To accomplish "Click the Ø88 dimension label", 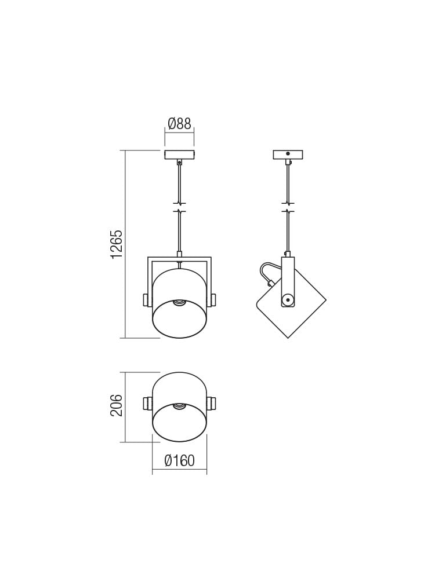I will pyautogui.click(x=179, y=123).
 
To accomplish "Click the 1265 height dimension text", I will pyautogui.click(x=117, y=244).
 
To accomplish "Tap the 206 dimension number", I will pyautogui.click(x=117, y=405).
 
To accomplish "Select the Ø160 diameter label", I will pyautogui.click(x=179, y=461).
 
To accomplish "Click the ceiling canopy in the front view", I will pyautogui.click(x=179, y=155).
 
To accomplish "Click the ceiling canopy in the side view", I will pyautogui.click(x=288, y=155).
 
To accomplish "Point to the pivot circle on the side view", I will pyautogui.click(x=288, y=299).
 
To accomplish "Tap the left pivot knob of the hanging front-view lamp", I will pyautogui.click(x=146, y=299).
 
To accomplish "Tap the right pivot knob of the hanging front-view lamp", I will pyautogui.click(x=213, y=299).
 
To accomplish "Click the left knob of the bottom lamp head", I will pyautogui.click(x=147, y=403).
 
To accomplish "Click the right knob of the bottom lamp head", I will pyautogui.click(x=212, y=403).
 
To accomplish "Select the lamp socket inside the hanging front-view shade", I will pyautogui.click(x=179, y=302).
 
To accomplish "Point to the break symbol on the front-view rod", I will pyautogui.click(x=179, y=207).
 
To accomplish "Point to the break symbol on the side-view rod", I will pyautogui.click(x=288, y=207).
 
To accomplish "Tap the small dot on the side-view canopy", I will pyautogui.click(x=288, y=153).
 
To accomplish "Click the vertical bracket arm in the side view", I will pyautogui.click(x=288, y=278).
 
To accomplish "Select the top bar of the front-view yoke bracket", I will pyautogui.click(x=179, y=258).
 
